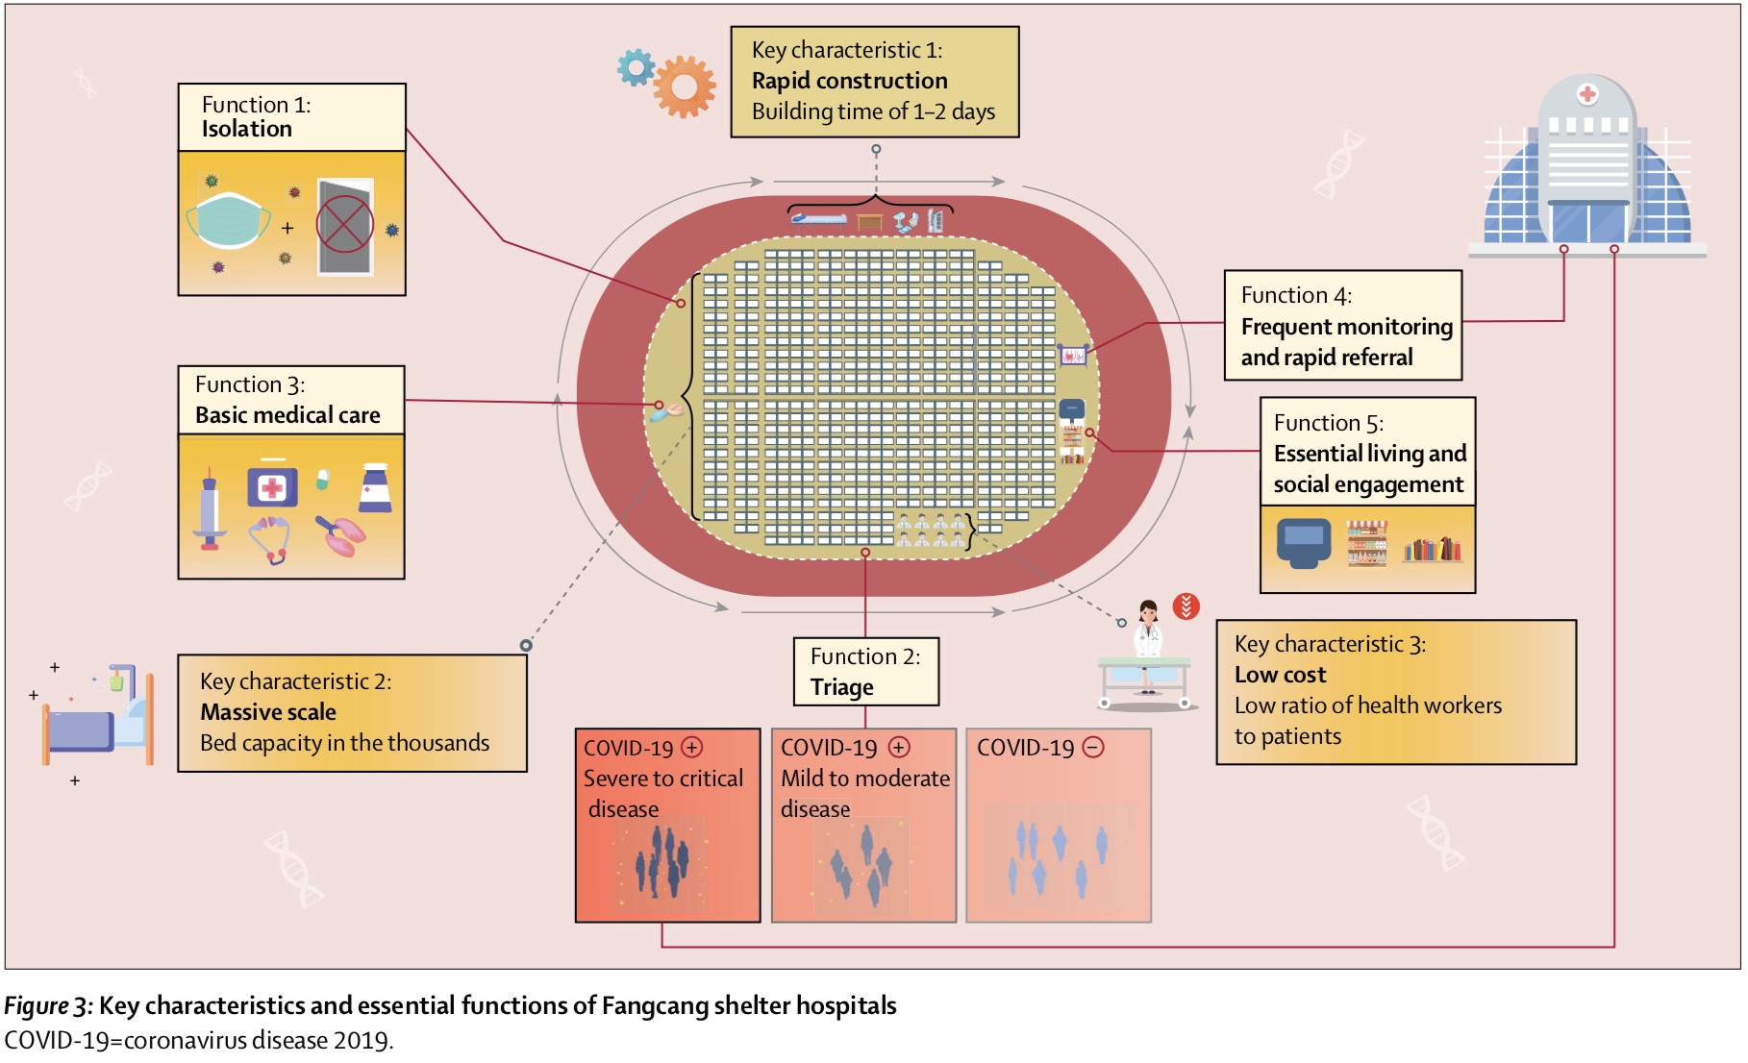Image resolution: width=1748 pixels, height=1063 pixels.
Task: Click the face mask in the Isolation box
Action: (x=228, y=219)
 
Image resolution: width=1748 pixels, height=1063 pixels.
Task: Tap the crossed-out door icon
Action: (x=344, y=226)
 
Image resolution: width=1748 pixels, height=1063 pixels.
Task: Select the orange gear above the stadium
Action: (x=684, y=87)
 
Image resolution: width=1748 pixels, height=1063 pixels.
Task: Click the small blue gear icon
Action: (x=636, y=67)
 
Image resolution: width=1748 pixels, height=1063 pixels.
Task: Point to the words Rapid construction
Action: (x=849, y=81)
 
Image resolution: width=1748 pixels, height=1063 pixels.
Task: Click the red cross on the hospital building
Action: (x=1587, y=94)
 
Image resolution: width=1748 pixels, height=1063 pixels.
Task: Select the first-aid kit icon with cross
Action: (x=272, y=487)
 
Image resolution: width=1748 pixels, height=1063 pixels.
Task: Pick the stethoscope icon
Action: (x=270, y=539)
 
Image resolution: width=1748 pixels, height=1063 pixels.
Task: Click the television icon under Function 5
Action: (x=1303, y=543)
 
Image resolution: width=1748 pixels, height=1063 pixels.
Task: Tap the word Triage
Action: (x=841, y=687)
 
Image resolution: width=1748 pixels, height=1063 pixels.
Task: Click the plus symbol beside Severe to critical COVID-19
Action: (x=692, y=747)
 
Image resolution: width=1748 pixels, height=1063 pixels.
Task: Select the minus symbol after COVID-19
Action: (x=1093, y=747)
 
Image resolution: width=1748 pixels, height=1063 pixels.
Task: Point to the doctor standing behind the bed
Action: (x=1148, y=634)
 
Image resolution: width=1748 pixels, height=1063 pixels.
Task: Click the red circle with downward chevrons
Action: (x=1186, y=606)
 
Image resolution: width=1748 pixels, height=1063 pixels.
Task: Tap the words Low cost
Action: (x=1280, y=675)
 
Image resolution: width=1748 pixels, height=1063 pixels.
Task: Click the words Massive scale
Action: (x=268, y=712)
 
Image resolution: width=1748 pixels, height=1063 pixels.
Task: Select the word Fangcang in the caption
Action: (x=646, y=1005)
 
